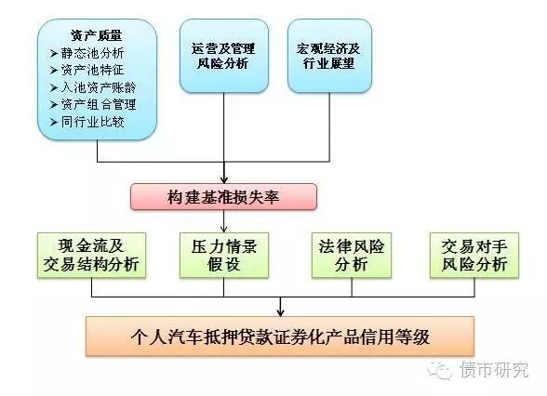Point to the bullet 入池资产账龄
pyautogui.click(x=97, y=86)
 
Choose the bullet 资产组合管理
pyautogui.click(x=97, y=104)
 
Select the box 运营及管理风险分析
pyautogui.click(x=223, y=56)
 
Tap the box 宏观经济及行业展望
pyautogui.click(x=330, y=56)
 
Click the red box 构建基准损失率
pyautogui.click(x=223, y=197)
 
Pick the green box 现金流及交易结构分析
pyautogui.click(x=91, y=256)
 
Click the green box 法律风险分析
pyautogui.click(x=349, y=256)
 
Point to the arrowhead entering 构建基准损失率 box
pyautogui.click(x=224, y=178)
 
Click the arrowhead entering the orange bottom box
pyautogui.click(x=281, y=311)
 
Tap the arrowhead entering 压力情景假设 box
pyautogui.click(x=224, y=227)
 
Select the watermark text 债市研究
pyautogui.click(x=494, y=371)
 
